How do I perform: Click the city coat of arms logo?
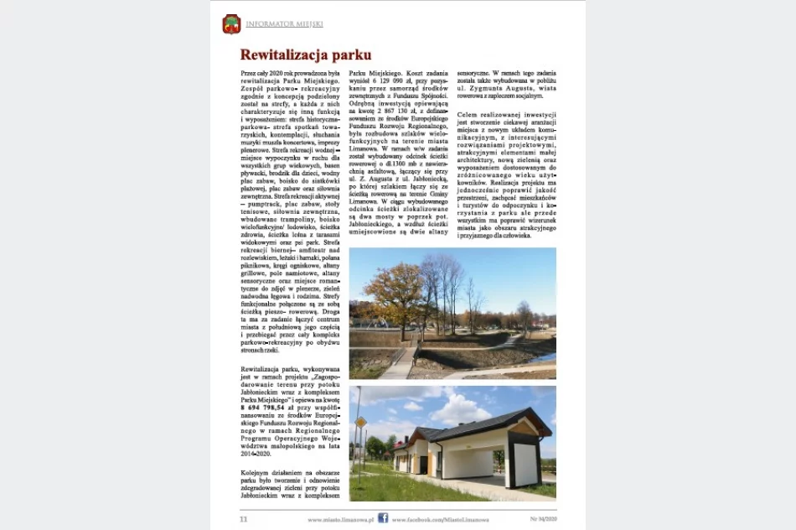[231, 24]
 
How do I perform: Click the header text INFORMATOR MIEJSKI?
[284, 24]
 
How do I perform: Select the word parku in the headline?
[351, 55]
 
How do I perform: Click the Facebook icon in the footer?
[383, 518]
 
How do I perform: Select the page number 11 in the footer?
[244, 518]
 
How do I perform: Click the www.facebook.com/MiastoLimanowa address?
[440, 519]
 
